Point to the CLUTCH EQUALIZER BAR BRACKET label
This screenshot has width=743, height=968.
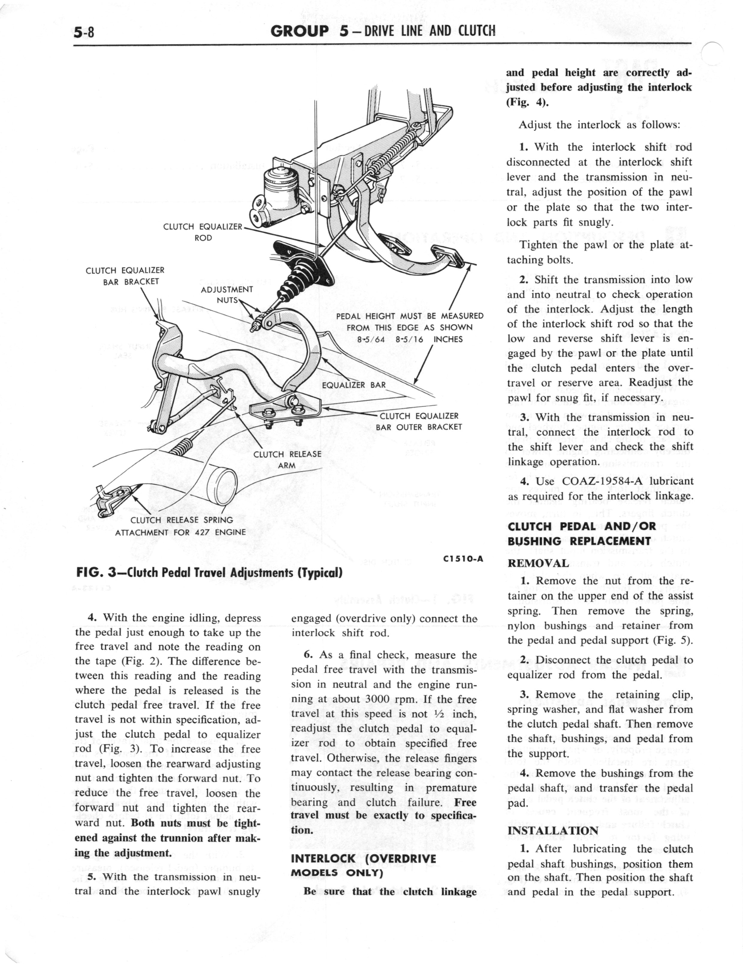pyautogui.click(x=125, y=276)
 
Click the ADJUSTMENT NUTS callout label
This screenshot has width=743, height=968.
pyautogui.click(x=226, y=295)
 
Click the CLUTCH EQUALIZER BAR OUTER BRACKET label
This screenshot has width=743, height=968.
pyautogui.click(x=419, y=421)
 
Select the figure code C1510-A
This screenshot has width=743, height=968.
pyautogui.click(x=462, y=559)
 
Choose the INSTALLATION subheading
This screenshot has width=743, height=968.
pyautogui.click(x=553, y=830)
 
